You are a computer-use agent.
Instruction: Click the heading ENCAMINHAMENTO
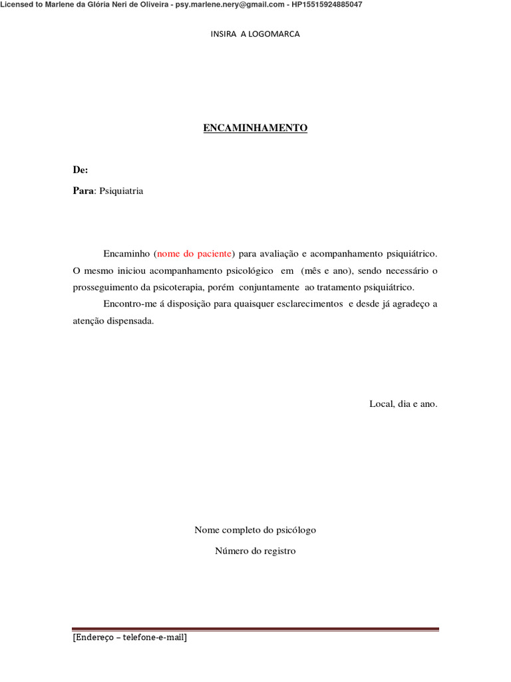pyautogui.click(x=255, y=128)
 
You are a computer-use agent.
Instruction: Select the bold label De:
pyautogui.click(x=80, y=170)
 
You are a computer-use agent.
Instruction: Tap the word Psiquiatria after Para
pyautogui.click(x=121, y=191)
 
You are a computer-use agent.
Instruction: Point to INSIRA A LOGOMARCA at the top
pyautogui.click(x=255, y=34)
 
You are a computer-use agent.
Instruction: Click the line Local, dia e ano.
pyautogui.click(x=403, y=404)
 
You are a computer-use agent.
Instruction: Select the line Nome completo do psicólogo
pyautogui.click(x=255, y=530)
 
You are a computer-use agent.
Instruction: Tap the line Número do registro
pyautogui.click(x=255, y=551)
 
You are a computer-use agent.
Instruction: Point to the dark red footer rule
pyautogui.click(x=255, y=629)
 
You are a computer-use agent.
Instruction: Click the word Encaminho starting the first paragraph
pyautogui.click(x=126, y=254)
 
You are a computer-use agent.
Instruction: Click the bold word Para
pyautogui.click(x=83, y=191)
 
